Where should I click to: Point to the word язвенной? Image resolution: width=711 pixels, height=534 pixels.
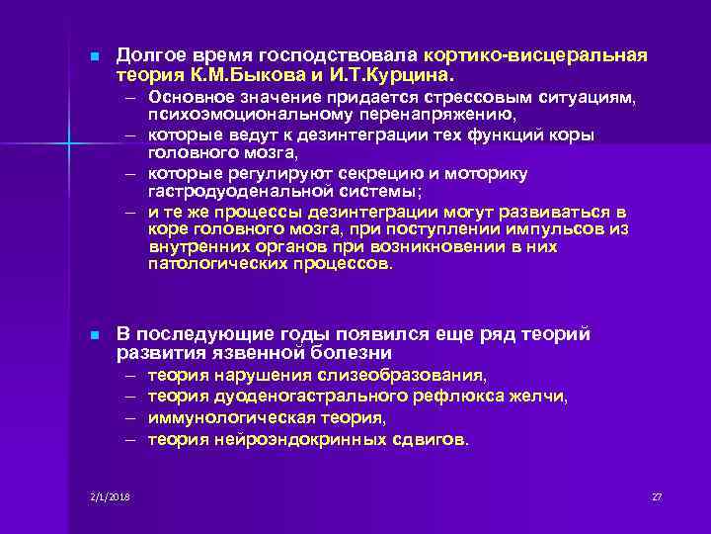tap(270, 353)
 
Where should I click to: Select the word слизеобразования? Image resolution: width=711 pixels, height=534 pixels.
tap(403, 377)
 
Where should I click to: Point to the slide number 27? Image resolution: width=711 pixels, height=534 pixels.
tap(657, 495)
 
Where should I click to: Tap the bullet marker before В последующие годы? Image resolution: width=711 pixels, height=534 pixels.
tap(90, 336)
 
